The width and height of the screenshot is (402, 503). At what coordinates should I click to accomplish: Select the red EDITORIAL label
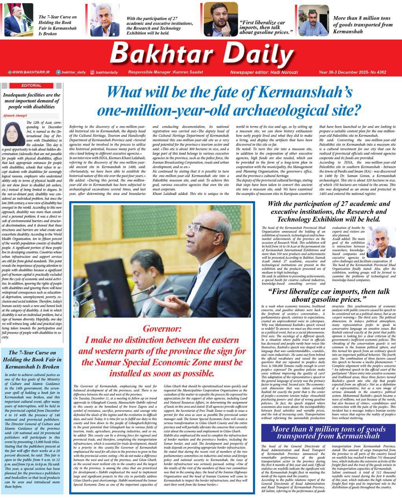[x=31, y=85]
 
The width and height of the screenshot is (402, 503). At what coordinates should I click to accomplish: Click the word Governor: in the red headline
[x=162, y=329]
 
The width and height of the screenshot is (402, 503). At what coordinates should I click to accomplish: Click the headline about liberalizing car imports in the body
[x=329, y=296]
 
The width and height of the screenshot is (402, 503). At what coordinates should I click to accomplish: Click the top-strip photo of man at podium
[x=18, y=20]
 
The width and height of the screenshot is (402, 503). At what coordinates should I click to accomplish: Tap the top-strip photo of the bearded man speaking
[x=220, y=19]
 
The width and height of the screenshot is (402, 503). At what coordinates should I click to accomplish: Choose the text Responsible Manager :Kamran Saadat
[x=160, y=72]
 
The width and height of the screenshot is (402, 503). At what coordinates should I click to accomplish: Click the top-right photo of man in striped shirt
[x=313, y=20]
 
